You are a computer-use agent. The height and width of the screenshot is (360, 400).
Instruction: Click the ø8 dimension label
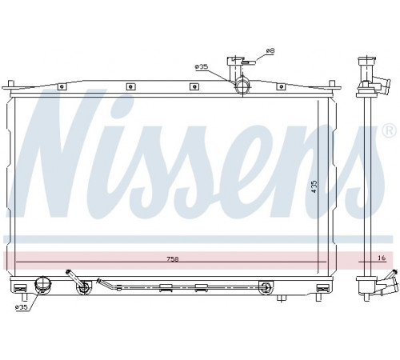point(270,50)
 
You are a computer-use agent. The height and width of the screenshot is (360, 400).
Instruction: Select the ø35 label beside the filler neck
point(202,66)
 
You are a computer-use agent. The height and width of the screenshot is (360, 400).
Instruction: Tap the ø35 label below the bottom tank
point(22,307)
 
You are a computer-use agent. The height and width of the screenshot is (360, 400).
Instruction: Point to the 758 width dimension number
point(173,258)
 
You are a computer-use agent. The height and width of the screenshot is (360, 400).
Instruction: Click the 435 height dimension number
point(314,186)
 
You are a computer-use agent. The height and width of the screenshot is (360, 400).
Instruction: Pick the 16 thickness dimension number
point(382,258)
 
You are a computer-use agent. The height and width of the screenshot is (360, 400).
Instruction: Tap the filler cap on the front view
point(235,61)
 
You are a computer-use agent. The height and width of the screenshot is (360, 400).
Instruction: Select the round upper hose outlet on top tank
point(242,86)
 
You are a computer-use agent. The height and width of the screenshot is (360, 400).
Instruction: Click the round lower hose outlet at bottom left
point(42,285)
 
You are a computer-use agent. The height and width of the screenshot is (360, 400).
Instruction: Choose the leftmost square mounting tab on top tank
point(62,86)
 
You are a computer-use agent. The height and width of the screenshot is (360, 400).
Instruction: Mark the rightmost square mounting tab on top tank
point(281,86)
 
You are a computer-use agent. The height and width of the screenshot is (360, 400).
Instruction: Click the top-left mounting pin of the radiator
point(10,84)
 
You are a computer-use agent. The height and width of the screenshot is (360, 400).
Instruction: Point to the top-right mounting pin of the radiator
point(332,84)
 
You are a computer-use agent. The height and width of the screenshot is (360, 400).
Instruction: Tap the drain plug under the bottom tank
point(282,298)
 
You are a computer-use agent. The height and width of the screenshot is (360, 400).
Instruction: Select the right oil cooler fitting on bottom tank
point(266,287)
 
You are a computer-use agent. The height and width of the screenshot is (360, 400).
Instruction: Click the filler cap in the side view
point(367,62)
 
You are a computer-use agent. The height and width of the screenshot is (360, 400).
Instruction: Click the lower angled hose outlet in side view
point(387,284)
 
